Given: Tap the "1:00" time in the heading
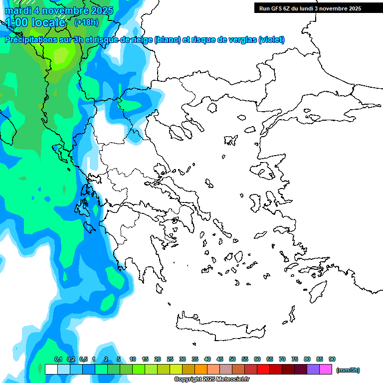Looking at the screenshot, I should [16, 22].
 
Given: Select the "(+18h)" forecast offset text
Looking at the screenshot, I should [86, 22].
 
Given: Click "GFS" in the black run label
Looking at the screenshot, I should [277, 8].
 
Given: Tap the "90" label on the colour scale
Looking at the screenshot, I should [332, 359].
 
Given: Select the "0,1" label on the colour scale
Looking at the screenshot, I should [58, 359].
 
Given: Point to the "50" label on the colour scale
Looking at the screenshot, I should [232, 359].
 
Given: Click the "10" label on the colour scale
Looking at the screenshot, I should [133, 359].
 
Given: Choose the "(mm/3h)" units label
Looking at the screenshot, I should [348, 370].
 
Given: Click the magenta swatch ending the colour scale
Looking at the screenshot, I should [326, 369].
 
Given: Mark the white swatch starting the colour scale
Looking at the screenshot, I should [51, 369].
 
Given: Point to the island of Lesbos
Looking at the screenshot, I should [265, 172].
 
